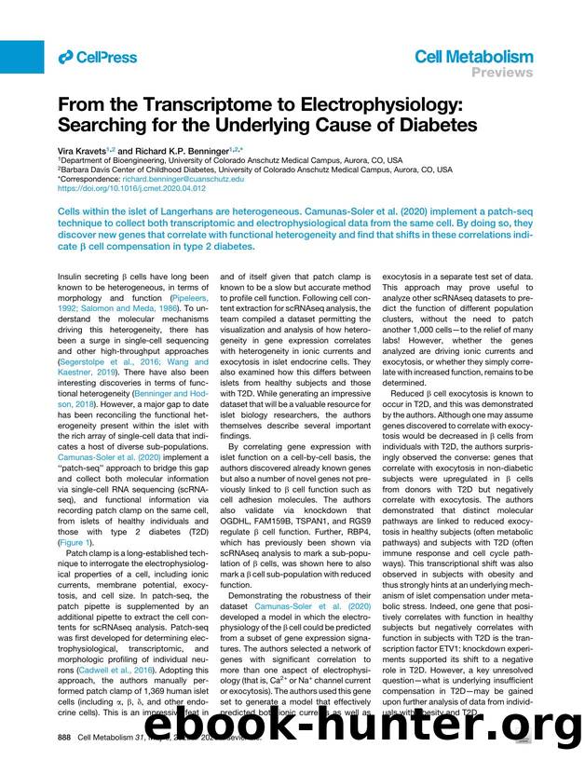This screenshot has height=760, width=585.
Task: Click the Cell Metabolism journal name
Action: [x=473, y=57]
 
